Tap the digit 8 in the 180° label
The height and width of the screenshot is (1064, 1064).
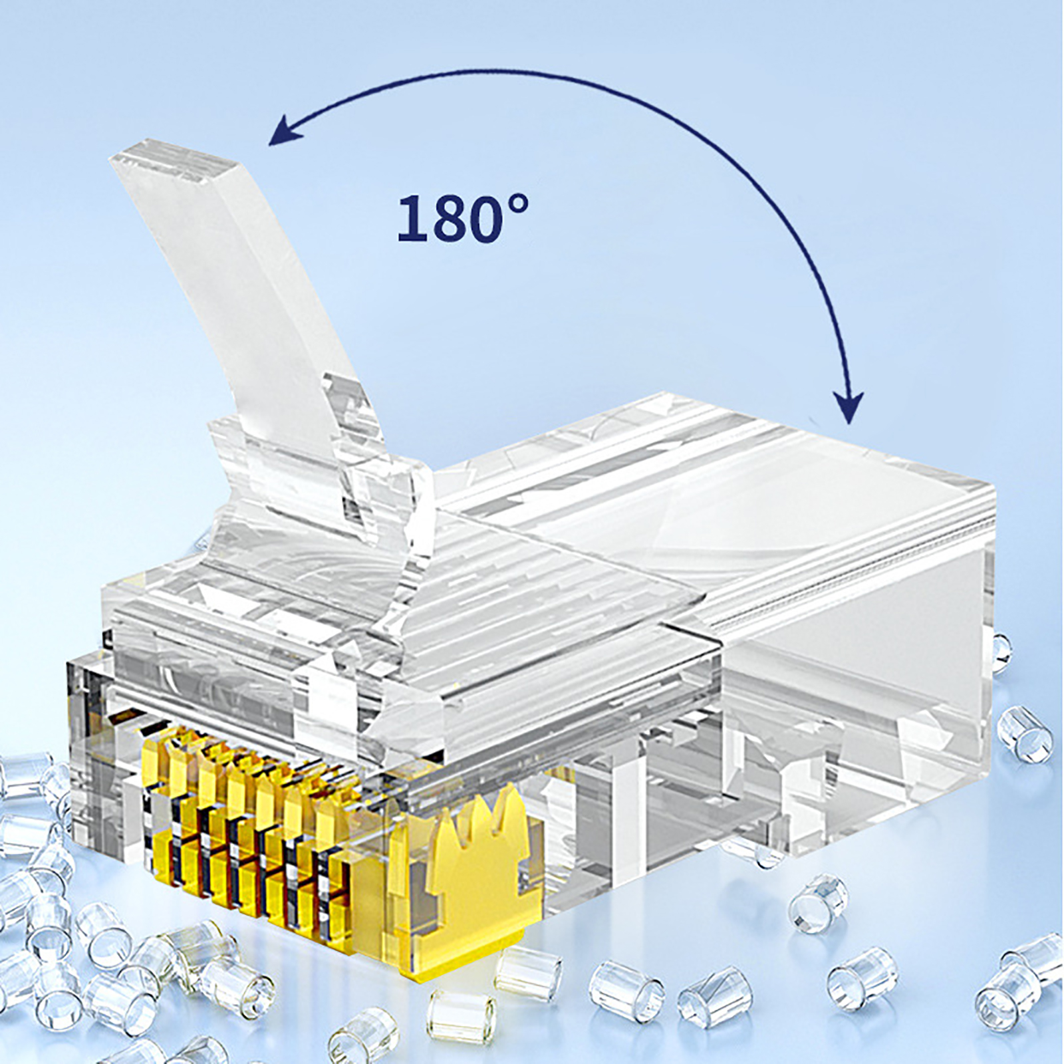pyautogui.click(x=441, y=219)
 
